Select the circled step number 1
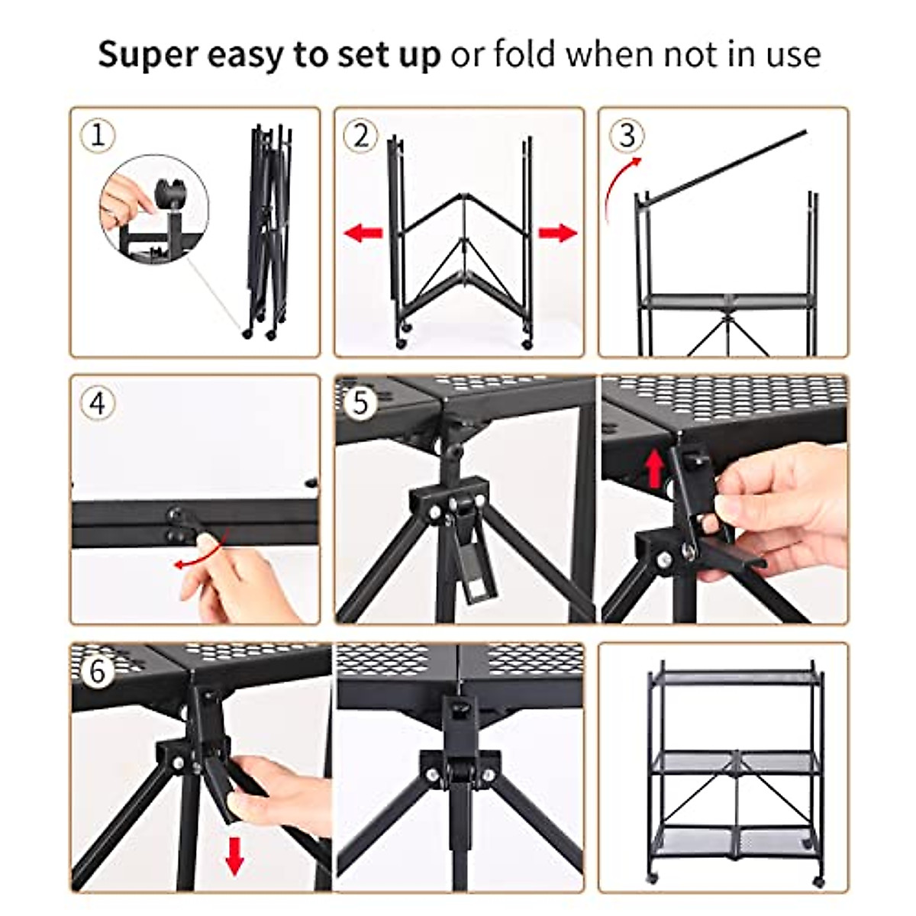click(x=98, y=136)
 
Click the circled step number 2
click(x=361, y=136)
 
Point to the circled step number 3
click(x=627, y=136)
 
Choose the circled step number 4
click(x=98, y=402)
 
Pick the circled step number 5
click(x=361, y=402)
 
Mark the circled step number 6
click(x=98, y=672)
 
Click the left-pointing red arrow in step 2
click(x=363, y=233)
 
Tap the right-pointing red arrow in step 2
click(x=558, y=233)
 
